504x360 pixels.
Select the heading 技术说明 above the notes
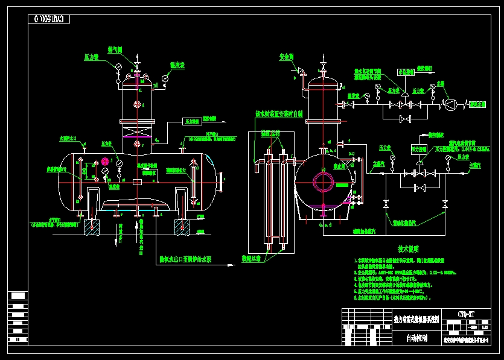(x=408, y=249)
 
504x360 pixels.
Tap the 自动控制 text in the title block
(x=417, y=339)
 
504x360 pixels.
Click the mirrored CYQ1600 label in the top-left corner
(x=49, y=19)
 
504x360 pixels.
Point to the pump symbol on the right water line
(x=450, y=104)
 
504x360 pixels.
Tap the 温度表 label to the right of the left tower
(x=177, y=65)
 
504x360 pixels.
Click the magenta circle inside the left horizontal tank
(x=105, y=161)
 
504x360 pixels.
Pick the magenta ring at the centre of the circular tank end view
(x=323, y=182)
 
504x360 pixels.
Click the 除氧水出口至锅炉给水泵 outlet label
(x=185, y=260)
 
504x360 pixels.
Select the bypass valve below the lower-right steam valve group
(x=417, y=188)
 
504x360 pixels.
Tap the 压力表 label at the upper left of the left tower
(x=91, y=57)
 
